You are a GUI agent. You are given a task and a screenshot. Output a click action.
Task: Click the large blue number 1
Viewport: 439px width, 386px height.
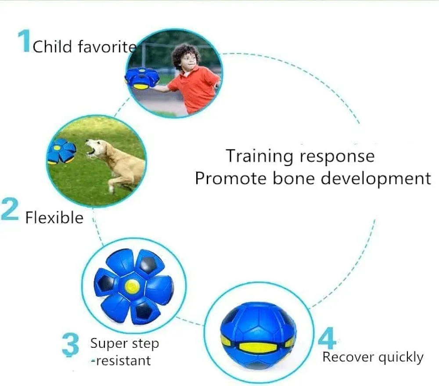25,41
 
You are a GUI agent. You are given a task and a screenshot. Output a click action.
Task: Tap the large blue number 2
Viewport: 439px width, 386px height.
10,209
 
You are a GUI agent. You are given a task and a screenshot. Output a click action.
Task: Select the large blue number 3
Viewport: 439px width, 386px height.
70,345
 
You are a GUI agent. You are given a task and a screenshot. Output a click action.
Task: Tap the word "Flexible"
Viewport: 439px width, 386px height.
54,217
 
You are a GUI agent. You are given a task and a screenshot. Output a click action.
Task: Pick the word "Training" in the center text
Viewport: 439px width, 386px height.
259,156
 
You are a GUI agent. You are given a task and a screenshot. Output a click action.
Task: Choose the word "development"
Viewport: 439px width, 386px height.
376,179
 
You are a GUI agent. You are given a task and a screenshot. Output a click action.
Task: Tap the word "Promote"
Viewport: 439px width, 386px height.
231,178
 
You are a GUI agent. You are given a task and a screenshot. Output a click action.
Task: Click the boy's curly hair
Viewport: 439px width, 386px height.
185,54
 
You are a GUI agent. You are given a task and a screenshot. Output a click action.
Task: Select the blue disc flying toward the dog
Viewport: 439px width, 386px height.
61,151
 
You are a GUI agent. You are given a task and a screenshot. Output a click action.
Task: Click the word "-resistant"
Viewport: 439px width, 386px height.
121,361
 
